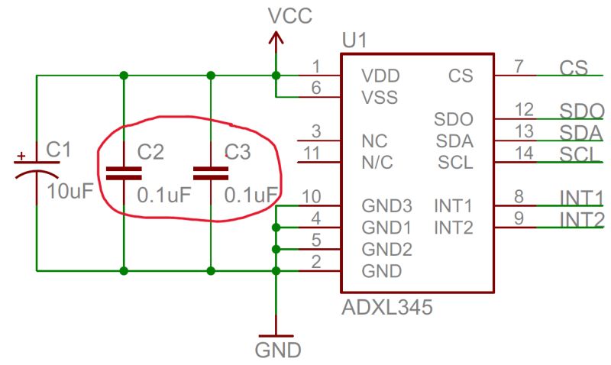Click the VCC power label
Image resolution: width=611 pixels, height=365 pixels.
click(290, 16)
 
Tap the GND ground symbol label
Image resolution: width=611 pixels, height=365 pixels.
click(278, 350)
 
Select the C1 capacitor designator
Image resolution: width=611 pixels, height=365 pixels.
click(59, 149)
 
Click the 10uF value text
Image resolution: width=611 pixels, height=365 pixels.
click(70, 191)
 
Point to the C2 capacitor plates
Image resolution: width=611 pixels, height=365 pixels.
click(124, 173)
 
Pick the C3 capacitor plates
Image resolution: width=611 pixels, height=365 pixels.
click(211, 173)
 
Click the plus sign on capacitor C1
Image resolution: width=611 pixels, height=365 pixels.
click(21, 157)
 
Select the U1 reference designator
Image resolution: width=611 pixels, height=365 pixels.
click(354, 40)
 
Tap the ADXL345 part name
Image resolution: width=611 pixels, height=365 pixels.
click(387, 307)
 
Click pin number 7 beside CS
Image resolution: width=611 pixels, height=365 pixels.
click(519, 66)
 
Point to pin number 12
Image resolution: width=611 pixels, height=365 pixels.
click(524, 110)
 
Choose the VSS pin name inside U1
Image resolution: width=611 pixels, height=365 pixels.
click(380, 98)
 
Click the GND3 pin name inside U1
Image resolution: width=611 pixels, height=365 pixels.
click(387, 205)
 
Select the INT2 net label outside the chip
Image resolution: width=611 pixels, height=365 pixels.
click(582, 220)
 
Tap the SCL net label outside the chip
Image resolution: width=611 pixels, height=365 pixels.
click(579, 154)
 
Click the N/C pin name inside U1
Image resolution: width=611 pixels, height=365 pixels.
click(377, 163)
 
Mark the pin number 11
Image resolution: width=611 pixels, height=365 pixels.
click(312, 153)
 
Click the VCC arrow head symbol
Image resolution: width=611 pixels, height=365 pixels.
click(276, 37)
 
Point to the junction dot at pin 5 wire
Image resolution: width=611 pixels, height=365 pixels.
click(276, 249)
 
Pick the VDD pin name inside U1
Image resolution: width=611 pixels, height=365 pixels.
click(380, 76)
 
